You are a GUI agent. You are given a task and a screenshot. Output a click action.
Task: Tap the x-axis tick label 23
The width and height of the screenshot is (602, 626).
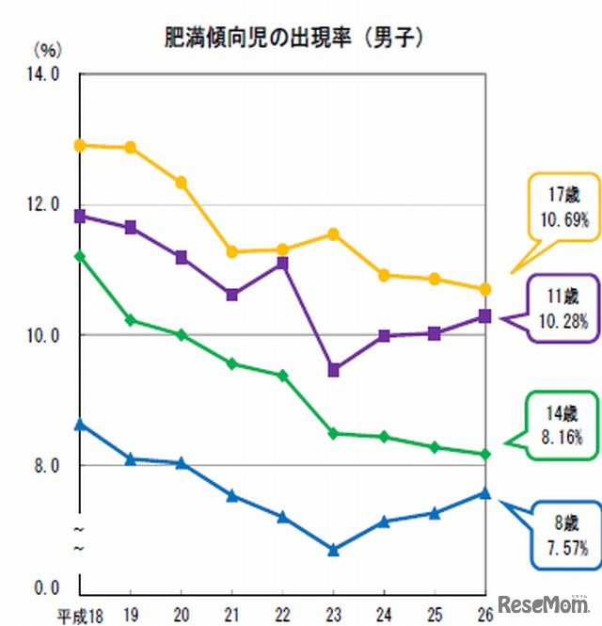[333, 613]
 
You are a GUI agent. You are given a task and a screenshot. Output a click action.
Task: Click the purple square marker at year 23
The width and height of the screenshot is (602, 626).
[333, 370]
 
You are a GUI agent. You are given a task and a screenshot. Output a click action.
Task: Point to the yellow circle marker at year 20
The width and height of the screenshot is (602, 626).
[182, 183]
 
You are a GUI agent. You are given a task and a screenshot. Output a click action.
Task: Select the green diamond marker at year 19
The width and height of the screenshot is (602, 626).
[131, 320]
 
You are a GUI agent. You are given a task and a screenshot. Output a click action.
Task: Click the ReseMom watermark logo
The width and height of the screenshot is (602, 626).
[544, 602]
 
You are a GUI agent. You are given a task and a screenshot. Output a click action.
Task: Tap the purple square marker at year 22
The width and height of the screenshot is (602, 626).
[282, 263]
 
